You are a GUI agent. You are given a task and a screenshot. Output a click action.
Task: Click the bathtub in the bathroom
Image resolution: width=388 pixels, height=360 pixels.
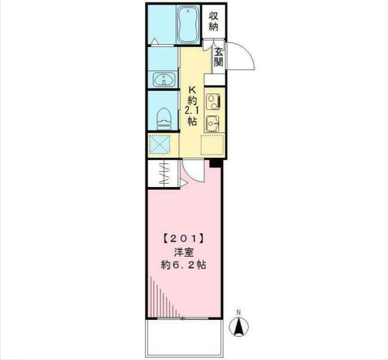pos(187,25)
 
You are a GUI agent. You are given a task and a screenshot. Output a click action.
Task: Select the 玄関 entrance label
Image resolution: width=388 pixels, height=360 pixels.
pos(218,57)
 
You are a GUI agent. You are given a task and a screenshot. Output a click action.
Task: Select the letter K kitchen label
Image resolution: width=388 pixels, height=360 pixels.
pos(192,89)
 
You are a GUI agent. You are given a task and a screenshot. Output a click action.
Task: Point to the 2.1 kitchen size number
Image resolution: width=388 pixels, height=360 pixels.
pos(192,109)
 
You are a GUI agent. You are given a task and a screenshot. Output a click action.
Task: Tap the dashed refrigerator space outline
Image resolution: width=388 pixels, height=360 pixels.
pos(213,145)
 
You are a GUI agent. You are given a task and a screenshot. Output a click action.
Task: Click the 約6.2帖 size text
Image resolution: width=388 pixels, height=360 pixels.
pos(183,265)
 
